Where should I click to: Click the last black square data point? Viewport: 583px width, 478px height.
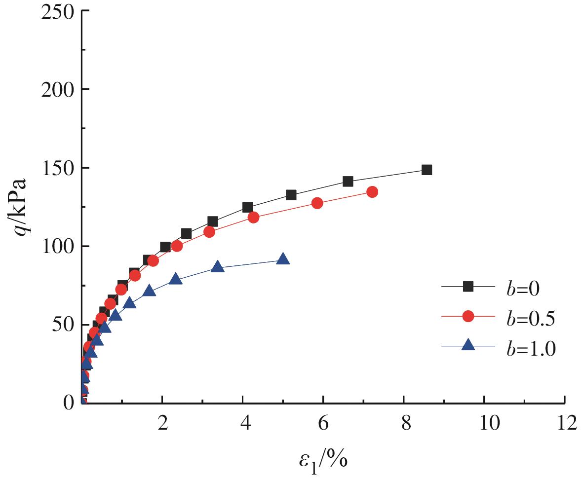(427, 170)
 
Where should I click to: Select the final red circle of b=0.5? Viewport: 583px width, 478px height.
(372, 192)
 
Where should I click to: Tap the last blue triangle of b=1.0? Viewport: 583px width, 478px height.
(283, 259)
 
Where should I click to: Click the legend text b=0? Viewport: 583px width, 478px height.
(523, 288)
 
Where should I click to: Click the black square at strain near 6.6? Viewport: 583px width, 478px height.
(348, 182)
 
